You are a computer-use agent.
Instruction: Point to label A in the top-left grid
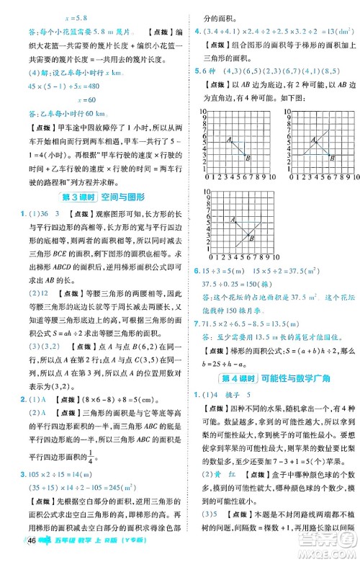[228, 139]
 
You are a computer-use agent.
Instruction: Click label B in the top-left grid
[249, 158]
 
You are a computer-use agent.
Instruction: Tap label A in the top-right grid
[309, 139]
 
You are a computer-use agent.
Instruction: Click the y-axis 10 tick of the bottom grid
[204, 192]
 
